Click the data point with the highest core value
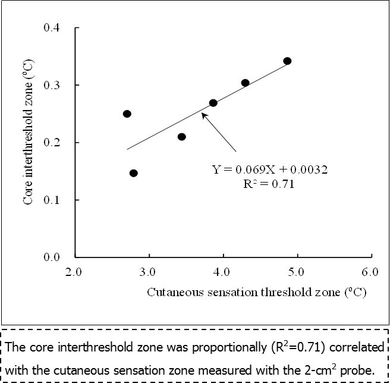tap(287, 61)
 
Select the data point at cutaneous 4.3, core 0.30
tap(245, 83)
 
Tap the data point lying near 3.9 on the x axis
tap(213, 103)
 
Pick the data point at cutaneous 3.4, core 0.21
tap(181, 137)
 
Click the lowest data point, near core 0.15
tap(133, 173)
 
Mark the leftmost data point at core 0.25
tap(127, 114)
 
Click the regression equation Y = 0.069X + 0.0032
tap(270, 170)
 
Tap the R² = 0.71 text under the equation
tap(271, 184)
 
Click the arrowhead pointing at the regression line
tap(203, 115)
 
